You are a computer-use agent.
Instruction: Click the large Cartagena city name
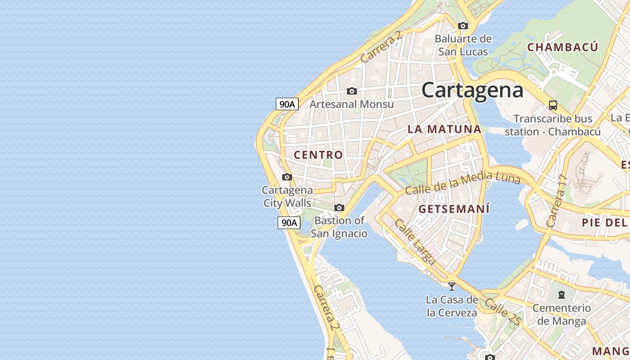[x=472, y=90]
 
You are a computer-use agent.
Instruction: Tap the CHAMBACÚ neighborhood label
[x=562, y=47]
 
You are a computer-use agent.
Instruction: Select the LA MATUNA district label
[x=444, y=129]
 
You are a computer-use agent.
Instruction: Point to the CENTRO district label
[x=318, y=155]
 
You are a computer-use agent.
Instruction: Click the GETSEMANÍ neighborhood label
[x=454, y=209]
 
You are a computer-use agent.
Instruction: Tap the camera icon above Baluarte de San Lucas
[x=463, y=26]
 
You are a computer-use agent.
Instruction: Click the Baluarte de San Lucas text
[x=463, y=45]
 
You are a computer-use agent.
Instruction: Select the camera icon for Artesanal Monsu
[x=352, y=91]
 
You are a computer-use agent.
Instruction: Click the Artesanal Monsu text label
[x=351, y=104]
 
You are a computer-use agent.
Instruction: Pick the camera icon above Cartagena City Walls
[x=287, y=177]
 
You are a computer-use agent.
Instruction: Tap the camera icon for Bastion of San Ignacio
[x=339, y=208]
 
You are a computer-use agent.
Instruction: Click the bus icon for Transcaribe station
[x=553, y=106]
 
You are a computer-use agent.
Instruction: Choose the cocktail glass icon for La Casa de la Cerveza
[x=452, y=286]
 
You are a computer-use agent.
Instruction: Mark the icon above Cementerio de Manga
[x=561, y=295]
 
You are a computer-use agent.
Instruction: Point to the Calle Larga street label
[x=415, y=242]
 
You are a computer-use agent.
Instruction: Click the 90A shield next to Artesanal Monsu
[x=287, y=104]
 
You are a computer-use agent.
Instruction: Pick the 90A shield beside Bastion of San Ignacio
[x=289, y=223]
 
